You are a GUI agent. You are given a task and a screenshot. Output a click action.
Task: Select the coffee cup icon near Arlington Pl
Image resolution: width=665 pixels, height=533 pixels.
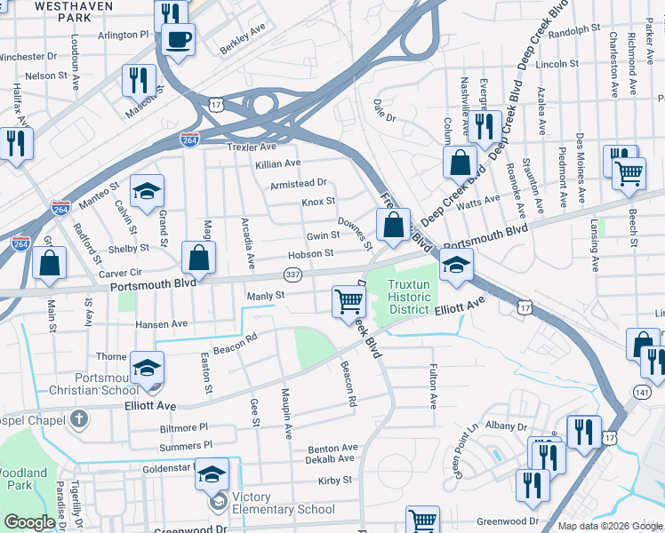[178, 40]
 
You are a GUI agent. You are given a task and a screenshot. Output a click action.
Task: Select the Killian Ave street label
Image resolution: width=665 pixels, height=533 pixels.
[277, 163]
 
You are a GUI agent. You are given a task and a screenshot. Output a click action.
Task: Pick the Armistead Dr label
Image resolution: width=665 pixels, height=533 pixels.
[300, 183]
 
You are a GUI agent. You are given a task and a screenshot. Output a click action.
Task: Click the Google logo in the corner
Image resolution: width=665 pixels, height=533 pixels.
[29, 521]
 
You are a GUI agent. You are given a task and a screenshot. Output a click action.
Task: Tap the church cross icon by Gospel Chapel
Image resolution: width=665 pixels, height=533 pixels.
[78, 418]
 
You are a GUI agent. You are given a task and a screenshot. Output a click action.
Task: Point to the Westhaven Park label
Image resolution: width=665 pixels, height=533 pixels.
[52, 10]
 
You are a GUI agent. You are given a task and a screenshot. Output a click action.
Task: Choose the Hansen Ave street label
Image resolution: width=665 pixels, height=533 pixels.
[162, 324]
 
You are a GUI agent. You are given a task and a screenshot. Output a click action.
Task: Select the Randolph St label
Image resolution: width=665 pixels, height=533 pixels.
[574, 30]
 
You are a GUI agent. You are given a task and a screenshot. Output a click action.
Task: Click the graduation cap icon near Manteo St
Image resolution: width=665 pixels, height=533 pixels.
[148, 189]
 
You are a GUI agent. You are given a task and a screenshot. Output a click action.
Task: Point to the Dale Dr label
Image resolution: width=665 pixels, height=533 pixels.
[384, 104]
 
